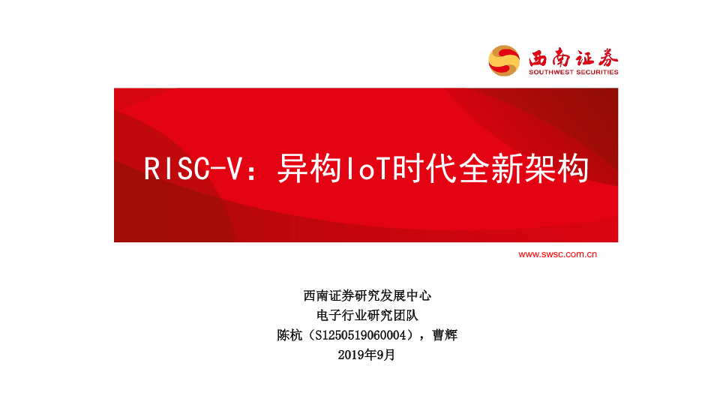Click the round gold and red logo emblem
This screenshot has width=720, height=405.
(504, 61)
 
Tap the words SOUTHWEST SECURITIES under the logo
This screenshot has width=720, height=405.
(574, 72)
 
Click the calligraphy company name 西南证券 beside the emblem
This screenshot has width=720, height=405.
(574, 58)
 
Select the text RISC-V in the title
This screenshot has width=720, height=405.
(193, 169)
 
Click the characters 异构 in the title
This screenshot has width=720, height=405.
(310, 169)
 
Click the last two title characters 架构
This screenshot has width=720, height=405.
(556, 169)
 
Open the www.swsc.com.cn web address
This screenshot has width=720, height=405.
(557, 254)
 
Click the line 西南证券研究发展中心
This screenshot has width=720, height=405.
(367, 295)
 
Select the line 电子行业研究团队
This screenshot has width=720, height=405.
(367, 316)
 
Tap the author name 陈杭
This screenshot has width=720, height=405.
(289, 335)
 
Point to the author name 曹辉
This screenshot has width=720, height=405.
(445, 335)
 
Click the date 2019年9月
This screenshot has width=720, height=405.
(367, 355)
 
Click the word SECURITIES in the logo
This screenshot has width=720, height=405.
(597, 72)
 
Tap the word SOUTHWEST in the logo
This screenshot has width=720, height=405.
(551, 72)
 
